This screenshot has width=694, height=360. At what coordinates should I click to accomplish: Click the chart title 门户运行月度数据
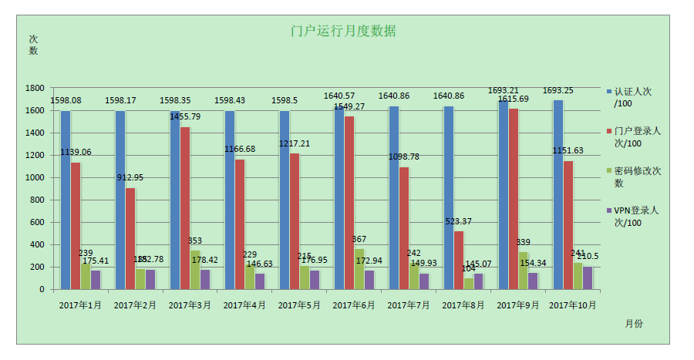343,32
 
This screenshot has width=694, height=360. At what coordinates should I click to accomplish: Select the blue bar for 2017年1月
66,200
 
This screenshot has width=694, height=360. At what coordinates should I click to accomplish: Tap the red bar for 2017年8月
459,260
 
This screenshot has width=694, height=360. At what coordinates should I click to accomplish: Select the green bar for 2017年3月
195,269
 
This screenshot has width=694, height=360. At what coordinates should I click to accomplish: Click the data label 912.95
130,177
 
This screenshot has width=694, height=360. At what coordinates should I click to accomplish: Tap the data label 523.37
459,222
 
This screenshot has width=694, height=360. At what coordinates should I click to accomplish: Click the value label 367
359,239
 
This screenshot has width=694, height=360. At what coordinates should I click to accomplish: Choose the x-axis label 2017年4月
244,305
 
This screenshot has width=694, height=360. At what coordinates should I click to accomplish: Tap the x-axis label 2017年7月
409,305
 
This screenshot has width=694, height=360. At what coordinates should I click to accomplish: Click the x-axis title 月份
634,324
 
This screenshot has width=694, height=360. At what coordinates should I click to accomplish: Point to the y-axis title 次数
33,45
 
